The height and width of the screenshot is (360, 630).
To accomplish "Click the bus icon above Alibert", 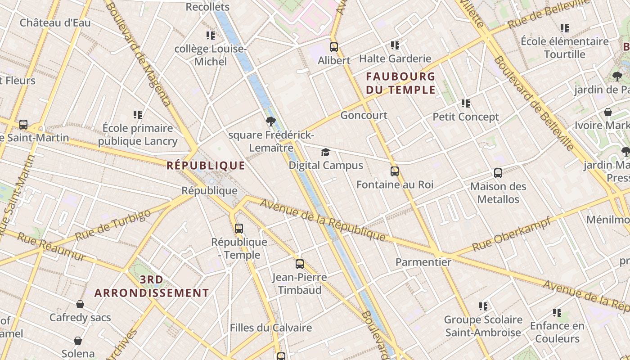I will [334, 47].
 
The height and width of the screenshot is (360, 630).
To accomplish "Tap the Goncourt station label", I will [364, 115].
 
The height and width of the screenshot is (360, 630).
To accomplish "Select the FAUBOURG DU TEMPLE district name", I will [400, 83].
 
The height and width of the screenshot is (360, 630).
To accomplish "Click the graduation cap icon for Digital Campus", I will [325, 152].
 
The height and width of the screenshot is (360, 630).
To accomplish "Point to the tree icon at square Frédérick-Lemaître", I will [270, 121].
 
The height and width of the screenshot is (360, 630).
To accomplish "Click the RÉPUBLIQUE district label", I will [206, 166].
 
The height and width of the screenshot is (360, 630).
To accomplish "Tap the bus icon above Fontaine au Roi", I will [395, 171].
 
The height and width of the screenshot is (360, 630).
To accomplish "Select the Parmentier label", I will [423, 262].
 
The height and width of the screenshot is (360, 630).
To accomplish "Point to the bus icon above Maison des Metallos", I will [498, 173].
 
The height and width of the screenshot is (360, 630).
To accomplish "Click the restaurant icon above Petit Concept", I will [466, 103].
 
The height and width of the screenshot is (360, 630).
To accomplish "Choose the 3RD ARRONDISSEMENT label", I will [152, 286].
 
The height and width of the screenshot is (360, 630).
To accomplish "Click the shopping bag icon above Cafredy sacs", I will [80, 305].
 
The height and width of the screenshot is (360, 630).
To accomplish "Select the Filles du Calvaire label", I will [271, 328].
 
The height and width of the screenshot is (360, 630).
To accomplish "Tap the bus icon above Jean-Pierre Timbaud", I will [300, 264].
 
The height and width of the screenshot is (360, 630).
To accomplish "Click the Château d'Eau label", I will [55, 22].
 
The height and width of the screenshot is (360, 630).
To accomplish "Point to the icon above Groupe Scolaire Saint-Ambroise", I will [483, 306].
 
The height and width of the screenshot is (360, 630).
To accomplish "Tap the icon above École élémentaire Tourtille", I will [565, 28].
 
